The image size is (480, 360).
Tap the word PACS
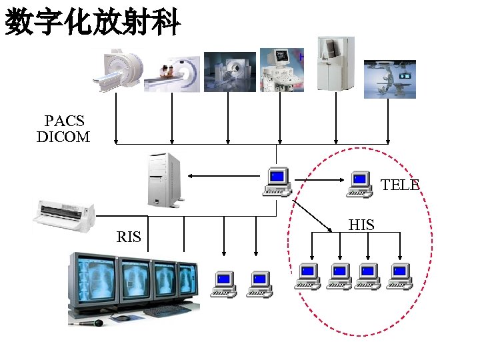pyautogui.click(x=64, y=121)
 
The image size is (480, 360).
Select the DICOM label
pyautogui.click(x=63, y=137)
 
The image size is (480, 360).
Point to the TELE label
pyautogui.click(x=400, y=185)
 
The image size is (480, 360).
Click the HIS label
pyautogui.click(x=361, y=225)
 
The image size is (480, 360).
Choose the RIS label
pyautogui.click(x=129, y=237)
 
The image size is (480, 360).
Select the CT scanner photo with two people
pyautogui.click(x=174, y=73)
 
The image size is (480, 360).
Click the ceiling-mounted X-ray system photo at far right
pyautogui.click(x=389, y=79)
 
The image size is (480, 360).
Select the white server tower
pyautogui.click(x=164, y=179)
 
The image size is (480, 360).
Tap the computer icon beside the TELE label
pyautogui.click(x=359, y=184)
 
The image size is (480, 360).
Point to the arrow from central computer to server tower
pyautogui.click(x=223, y=176)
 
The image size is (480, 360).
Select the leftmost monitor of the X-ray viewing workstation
pyautogui.click(x=93, y=279)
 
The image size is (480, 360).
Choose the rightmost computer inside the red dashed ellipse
pyautogui.click(x=400, y=276)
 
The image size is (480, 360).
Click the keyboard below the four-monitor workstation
pyautogui.click(x=166, y=311)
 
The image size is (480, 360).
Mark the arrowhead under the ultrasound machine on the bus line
pyautogui.click(x=280, y=141)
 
